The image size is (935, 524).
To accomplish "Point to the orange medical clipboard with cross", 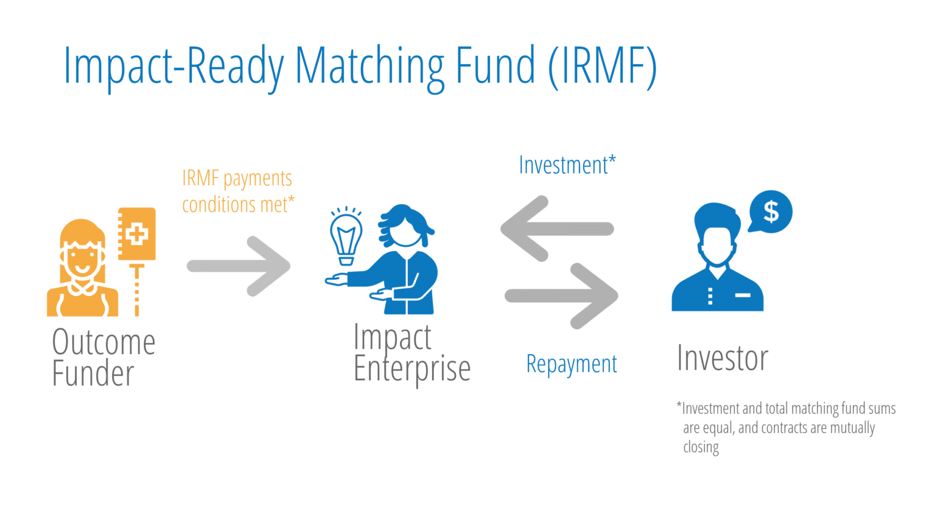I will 137,234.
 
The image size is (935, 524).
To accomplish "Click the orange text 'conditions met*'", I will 238,205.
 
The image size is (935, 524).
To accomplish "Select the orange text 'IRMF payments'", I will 237,179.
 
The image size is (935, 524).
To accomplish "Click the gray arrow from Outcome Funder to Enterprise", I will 239,266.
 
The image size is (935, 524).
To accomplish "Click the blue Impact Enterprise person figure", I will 402,262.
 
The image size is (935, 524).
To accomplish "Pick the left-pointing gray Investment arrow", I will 555,228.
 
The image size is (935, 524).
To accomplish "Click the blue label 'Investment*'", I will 567,165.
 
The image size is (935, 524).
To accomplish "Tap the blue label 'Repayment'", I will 571,364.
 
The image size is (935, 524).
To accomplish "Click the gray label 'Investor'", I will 723,358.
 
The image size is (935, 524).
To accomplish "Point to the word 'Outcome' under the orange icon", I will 103,342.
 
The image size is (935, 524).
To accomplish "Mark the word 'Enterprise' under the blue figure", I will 412,369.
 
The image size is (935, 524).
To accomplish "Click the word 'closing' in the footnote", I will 701,447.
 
